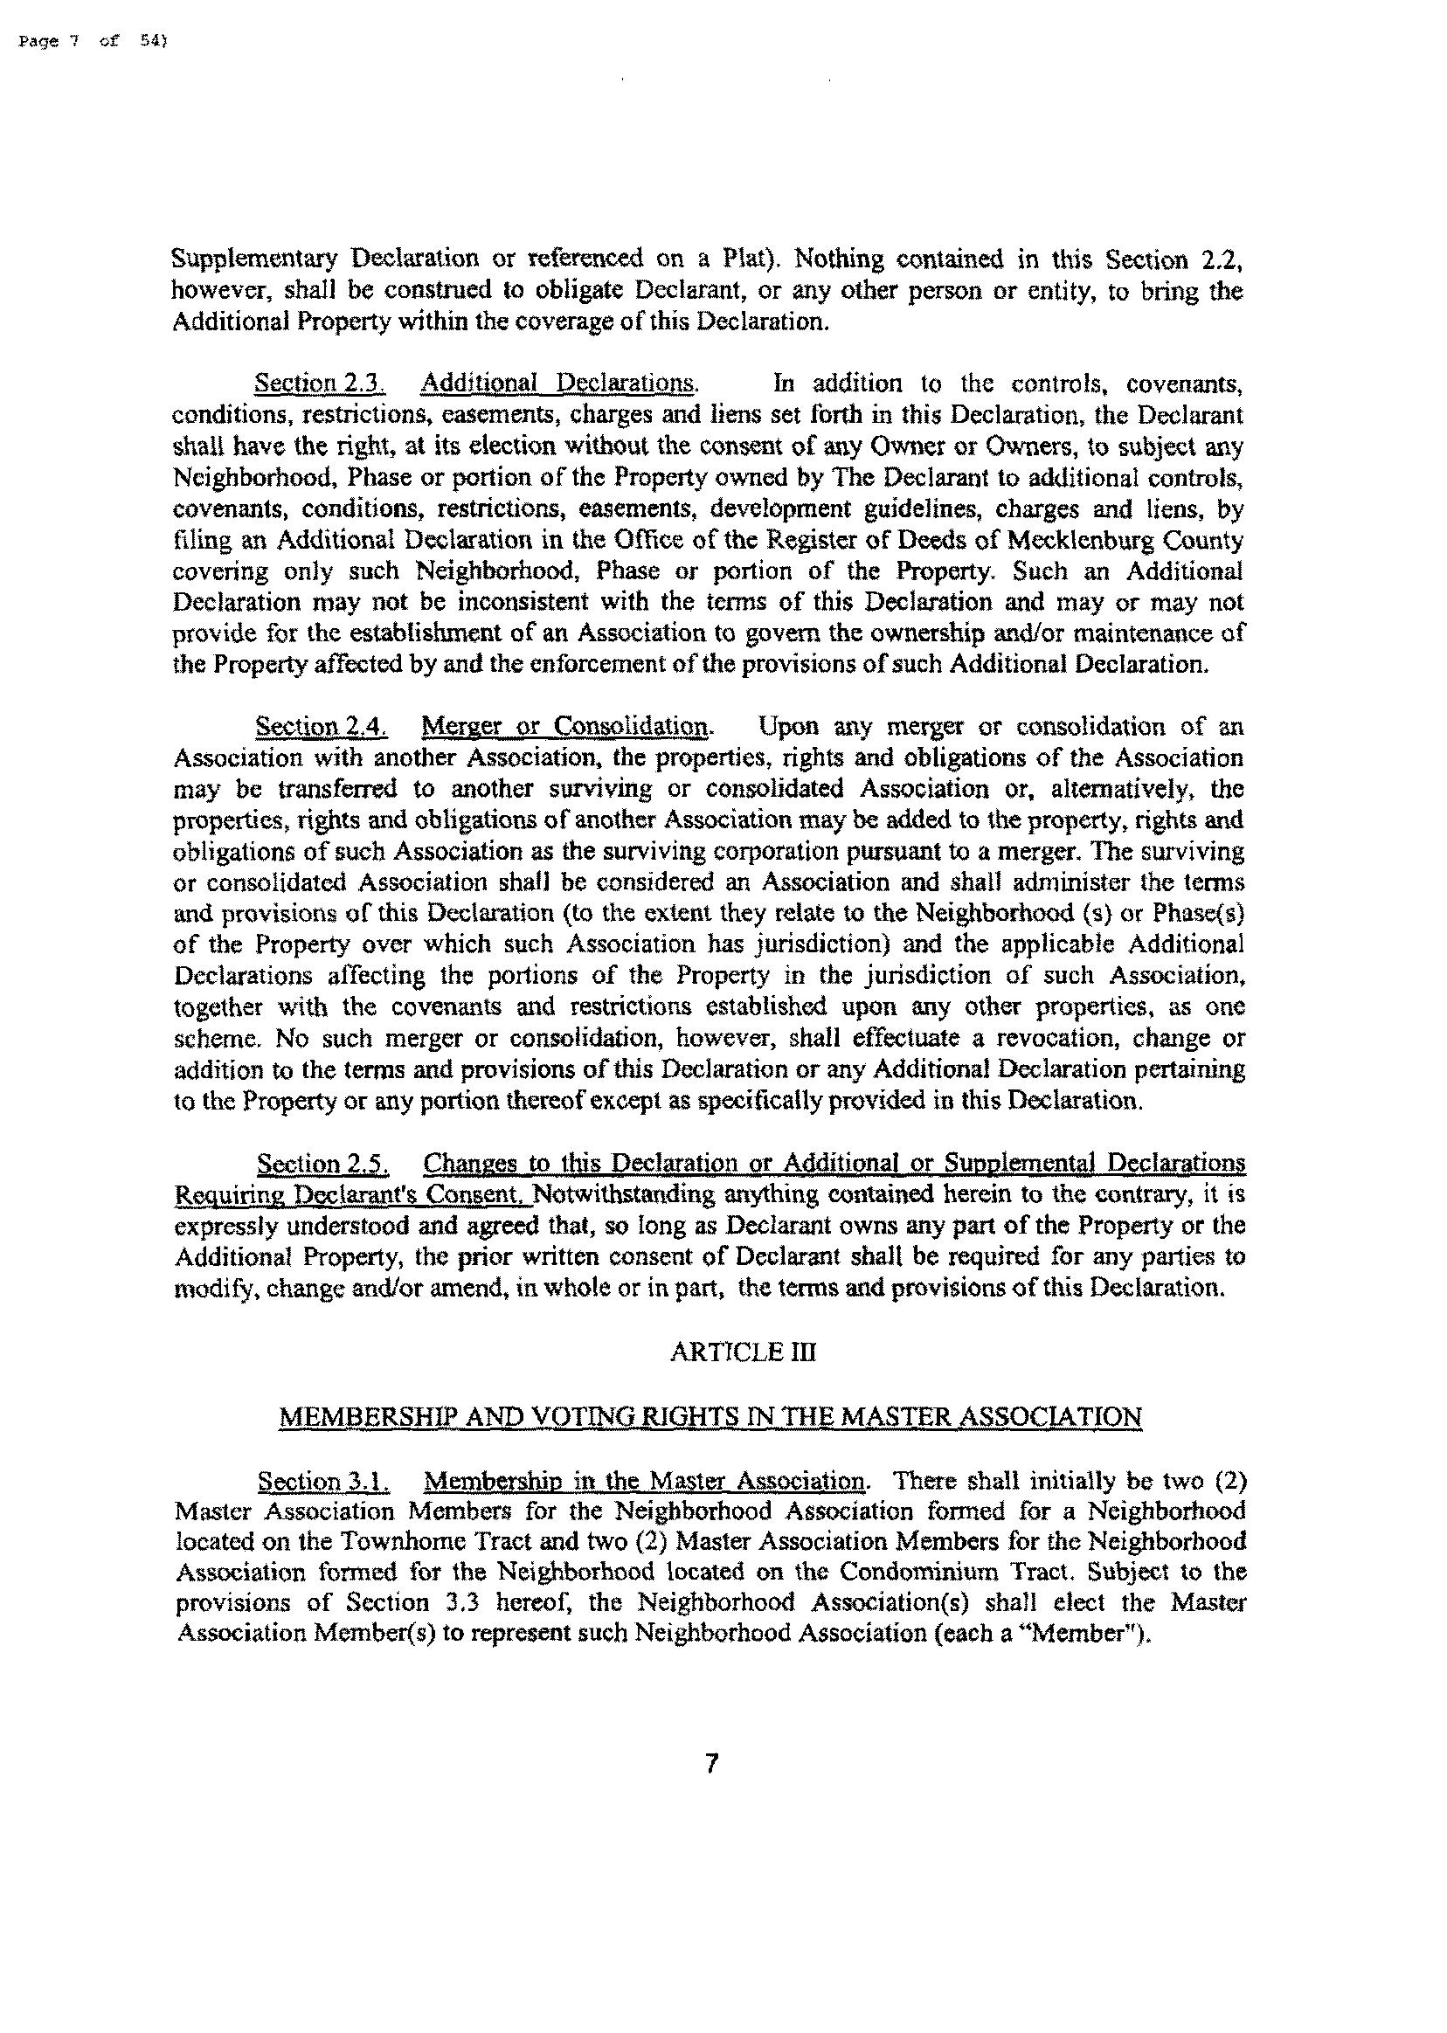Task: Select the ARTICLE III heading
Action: click(x=742, y=1353)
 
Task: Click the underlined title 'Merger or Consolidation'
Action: click(x=567, y=727)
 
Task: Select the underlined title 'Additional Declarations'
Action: click(x=558, y=384)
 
